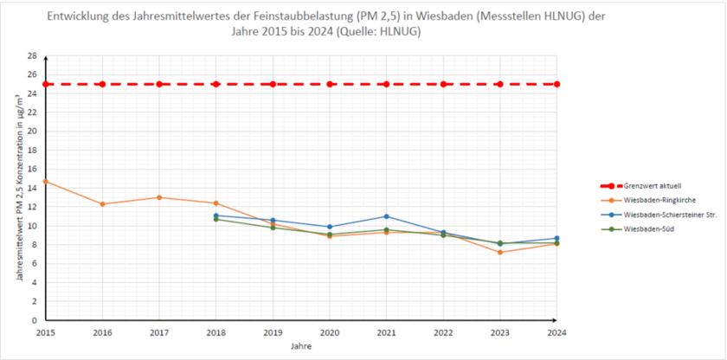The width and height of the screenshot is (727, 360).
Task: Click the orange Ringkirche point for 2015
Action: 46,181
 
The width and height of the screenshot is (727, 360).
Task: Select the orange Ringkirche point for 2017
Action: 159,197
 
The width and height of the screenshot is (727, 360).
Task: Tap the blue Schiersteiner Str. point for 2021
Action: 386,216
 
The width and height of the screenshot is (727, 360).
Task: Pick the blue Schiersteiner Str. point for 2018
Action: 216,215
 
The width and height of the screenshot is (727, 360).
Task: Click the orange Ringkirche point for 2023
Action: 499,252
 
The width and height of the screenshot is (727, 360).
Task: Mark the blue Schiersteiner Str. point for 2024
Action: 557,238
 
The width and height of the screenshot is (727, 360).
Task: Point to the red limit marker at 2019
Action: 273,84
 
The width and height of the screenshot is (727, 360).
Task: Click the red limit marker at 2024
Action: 557,84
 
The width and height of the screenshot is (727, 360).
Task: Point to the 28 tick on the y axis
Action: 32,55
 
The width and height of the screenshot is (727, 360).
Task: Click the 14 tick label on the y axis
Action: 32,188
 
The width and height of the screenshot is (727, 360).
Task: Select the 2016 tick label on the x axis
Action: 102,331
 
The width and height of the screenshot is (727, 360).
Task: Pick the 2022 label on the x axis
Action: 443,331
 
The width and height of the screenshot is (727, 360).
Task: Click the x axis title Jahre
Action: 301,346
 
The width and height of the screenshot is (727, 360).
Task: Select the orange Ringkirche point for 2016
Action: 102,204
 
